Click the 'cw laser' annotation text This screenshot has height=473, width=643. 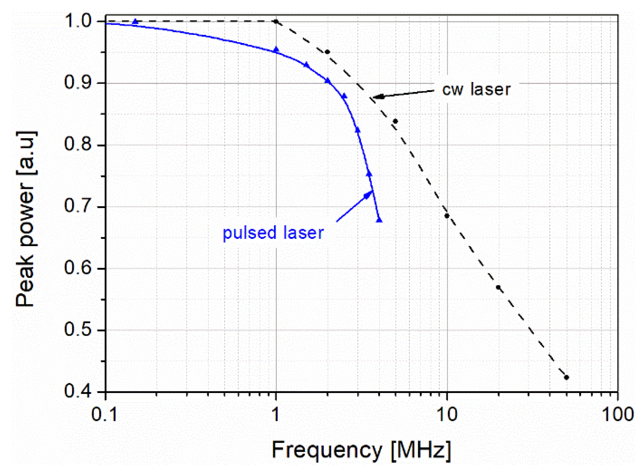tap(476, 89)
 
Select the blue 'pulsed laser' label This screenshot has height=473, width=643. tap(273, 233)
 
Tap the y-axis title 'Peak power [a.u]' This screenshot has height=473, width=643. tap(26, 219)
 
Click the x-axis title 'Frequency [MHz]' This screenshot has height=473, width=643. tap(361, 450)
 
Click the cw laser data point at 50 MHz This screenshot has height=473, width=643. tap(566, 377)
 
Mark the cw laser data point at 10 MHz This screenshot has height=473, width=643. tap(447, 216)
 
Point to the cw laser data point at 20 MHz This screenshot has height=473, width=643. tap(498, 287)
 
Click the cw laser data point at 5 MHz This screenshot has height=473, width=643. tap(395, 121)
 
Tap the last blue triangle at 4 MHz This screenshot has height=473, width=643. tap(379, 220)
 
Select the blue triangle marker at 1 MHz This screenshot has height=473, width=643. tap(276, 50)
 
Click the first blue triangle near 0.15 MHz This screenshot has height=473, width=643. tap(135, 22)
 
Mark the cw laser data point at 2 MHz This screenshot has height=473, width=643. tap(327, 52)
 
